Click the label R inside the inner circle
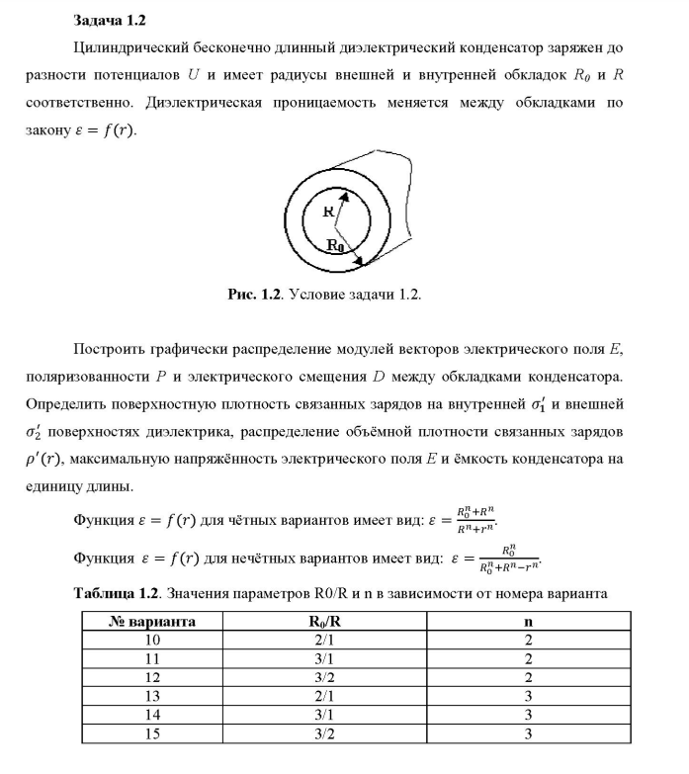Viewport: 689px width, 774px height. tap(328, 211)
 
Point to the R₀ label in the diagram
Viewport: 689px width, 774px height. tap(337, 246)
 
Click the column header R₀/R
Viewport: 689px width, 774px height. tap(322, 622)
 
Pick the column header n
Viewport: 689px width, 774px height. tap(528, 622)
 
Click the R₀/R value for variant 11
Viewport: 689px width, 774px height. tap(322, 659)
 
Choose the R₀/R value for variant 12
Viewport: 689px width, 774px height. tap(322, 677)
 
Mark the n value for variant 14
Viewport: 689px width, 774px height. tap(528, 715)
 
